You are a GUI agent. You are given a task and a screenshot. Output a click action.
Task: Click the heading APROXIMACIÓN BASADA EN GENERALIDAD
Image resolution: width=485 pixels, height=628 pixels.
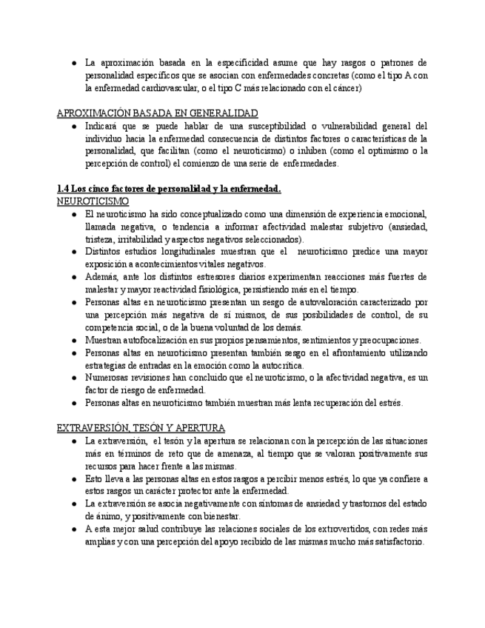(157, 113)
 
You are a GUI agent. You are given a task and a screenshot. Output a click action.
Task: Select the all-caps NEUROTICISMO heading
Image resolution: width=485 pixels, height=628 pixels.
(93, 201)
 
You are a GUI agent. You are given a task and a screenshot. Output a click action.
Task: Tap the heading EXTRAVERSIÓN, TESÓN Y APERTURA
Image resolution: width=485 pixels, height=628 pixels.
(141, 428)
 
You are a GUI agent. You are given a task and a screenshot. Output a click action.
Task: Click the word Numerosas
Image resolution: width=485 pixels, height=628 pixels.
(109, 378)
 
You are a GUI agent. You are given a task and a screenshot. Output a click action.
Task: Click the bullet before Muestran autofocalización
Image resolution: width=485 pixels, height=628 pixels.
(75, 340)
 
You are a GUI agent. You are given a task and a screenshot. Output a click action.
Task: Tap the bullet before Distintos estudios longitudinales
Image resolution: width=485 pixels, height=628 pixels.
(75, 252)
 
